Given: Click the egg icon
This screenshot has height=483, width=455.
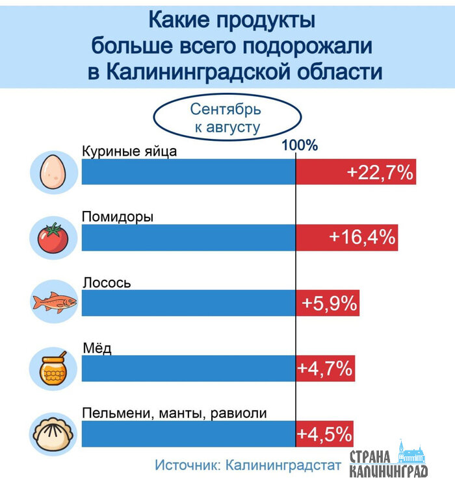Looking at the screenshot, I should (51, 171).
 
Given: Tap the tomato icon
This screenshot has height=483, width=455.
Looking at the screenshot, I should (51, 238).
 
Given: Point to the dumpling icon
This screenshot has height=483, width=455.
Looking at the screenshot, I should (52, 433).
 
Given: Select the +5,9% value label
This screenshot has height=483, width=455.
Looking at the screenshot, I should (330, 303).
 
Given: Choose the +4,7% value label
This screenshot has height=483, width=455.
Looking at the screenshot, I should (325, 368).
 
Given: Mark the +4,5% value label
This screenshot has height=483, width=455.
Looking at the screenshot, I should (325, 433).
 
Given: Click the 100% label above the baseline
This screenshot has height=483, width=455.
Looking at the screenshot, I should (299, 145).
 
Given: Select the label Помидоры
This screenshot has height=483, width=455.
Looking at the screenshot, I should (118, 217).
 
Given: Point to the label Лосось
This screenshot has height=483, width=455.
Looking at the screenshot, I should (107, 282).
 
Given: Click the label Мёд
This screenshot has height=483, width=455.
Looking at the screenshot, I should (97, 348).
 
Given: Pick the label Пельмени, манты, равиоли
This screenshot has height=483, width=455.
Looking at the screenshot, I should (174, 413).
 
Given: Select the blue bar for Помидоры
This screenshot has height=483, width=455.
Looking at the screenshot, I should (188, 238).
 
